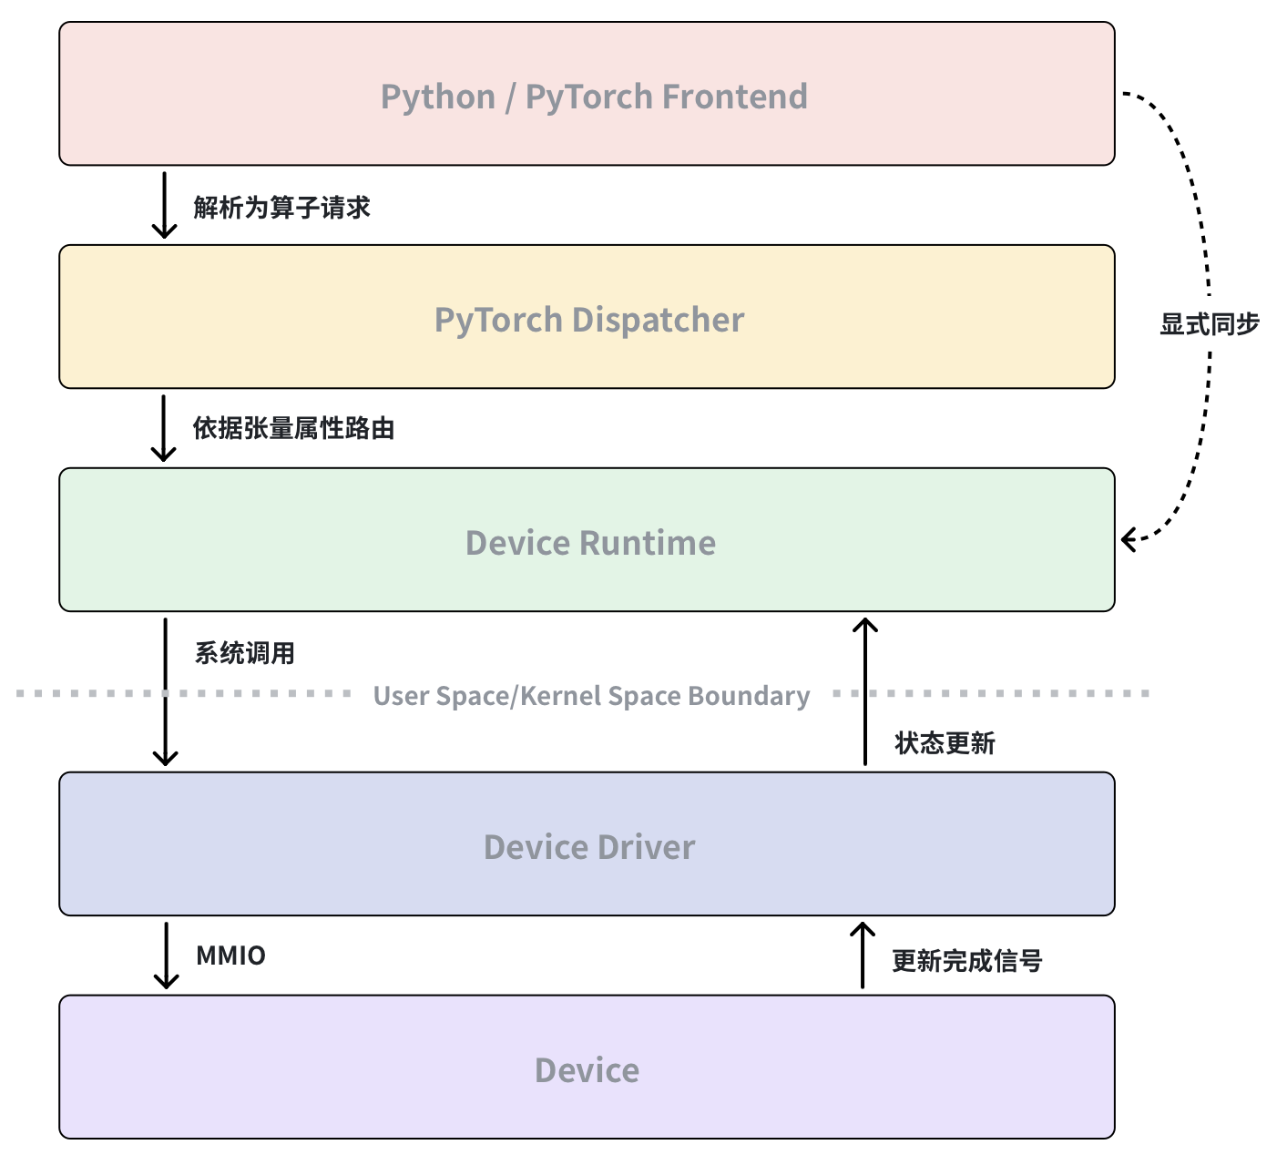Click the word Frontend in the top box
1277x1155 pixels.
(734, 97)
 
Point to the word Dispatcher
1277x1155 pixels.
(658, 320)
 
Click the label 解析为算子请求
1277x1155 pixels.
(281, 208)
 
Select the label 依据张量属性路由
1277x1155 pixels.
(293, 428)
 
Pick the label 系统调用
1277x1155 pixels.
(244, 653)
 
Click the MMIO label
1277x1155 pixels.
(230, 956)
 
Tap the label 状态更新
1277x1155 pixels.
(945, 743)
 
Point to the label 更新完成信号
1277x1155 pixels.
(966, 961)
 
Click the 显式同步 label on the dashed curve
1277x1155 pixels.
(1209, 324)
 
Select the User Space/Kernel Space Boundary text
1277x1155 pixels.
(591, 696)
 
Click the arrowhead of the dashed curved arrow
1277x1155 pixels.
(1128, 539)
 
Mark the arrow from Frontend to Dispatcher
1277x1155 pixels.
(164, 205)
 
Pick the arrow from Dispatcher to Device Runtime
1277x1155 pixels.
(164, 428)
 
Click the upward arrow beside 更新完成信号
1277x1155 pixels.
(863, 956)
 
